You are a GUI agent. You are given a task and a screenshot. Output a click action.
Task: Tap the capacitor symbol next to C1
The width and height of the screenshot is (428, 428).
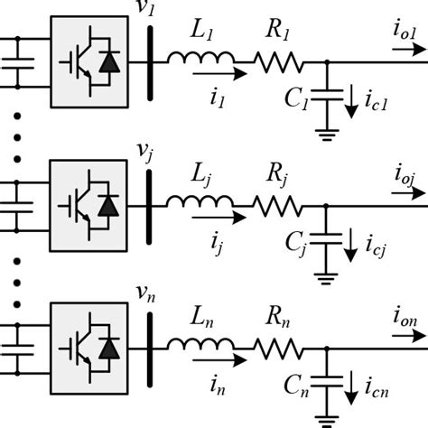[x=325, y=94]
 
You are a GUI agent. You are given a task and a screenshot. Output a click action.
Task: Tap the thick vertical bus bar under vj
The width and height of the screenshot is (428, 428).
[x=146, y=204]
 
